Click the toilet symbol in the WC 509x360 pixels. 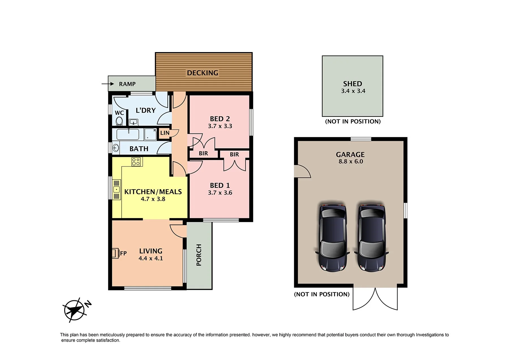click(119, 121)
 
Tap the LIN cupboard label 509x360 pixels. click(165, 133)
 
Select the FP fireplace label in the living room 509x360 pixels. click(123, 253)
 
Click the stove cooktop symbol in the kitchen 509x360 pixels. click(136, 162)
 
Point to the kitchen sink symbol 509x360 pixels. click(117, 189)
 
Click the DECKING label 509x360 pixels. click(203, 73)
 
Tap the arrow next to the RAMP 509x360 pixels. click(108, 84)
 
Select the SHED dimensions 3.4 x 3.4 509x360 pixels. click(353, 91)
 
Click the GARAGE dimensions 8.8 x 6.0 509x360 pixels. click(351, 161)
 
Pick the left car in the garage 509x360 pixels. click(333, 238)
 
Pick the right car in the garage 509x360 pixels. click(371, 238)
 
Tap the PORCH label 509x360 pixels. click(199, 255)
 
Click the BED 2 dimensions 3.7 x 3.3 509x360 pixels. click(220, 126)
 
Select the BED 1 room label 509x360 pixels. click(220, 186)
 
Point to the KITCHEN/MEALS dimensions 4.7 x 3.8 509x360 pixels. click(153, 199)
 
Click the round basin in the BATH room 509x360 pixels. click(116, 148)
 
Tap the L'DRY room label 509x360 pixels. click(146, 110)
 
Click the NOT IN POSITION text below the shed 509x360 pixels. click(353, 122)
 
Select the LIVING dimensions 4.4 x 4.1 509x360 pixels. click(151, 258)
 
